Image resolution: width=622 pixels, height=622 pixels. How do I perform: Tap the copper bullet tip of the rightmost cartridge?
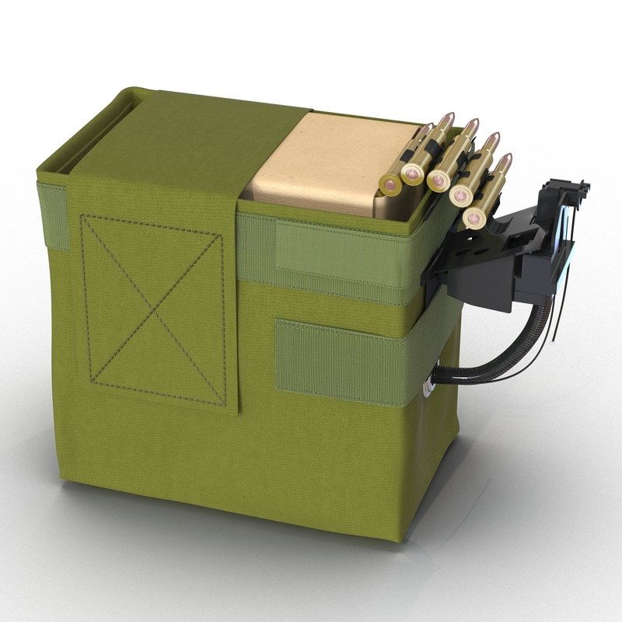tap(506, 159)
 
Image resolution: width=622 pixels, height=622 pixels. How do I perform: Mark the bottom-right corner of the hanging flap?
tap(238, 411)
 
